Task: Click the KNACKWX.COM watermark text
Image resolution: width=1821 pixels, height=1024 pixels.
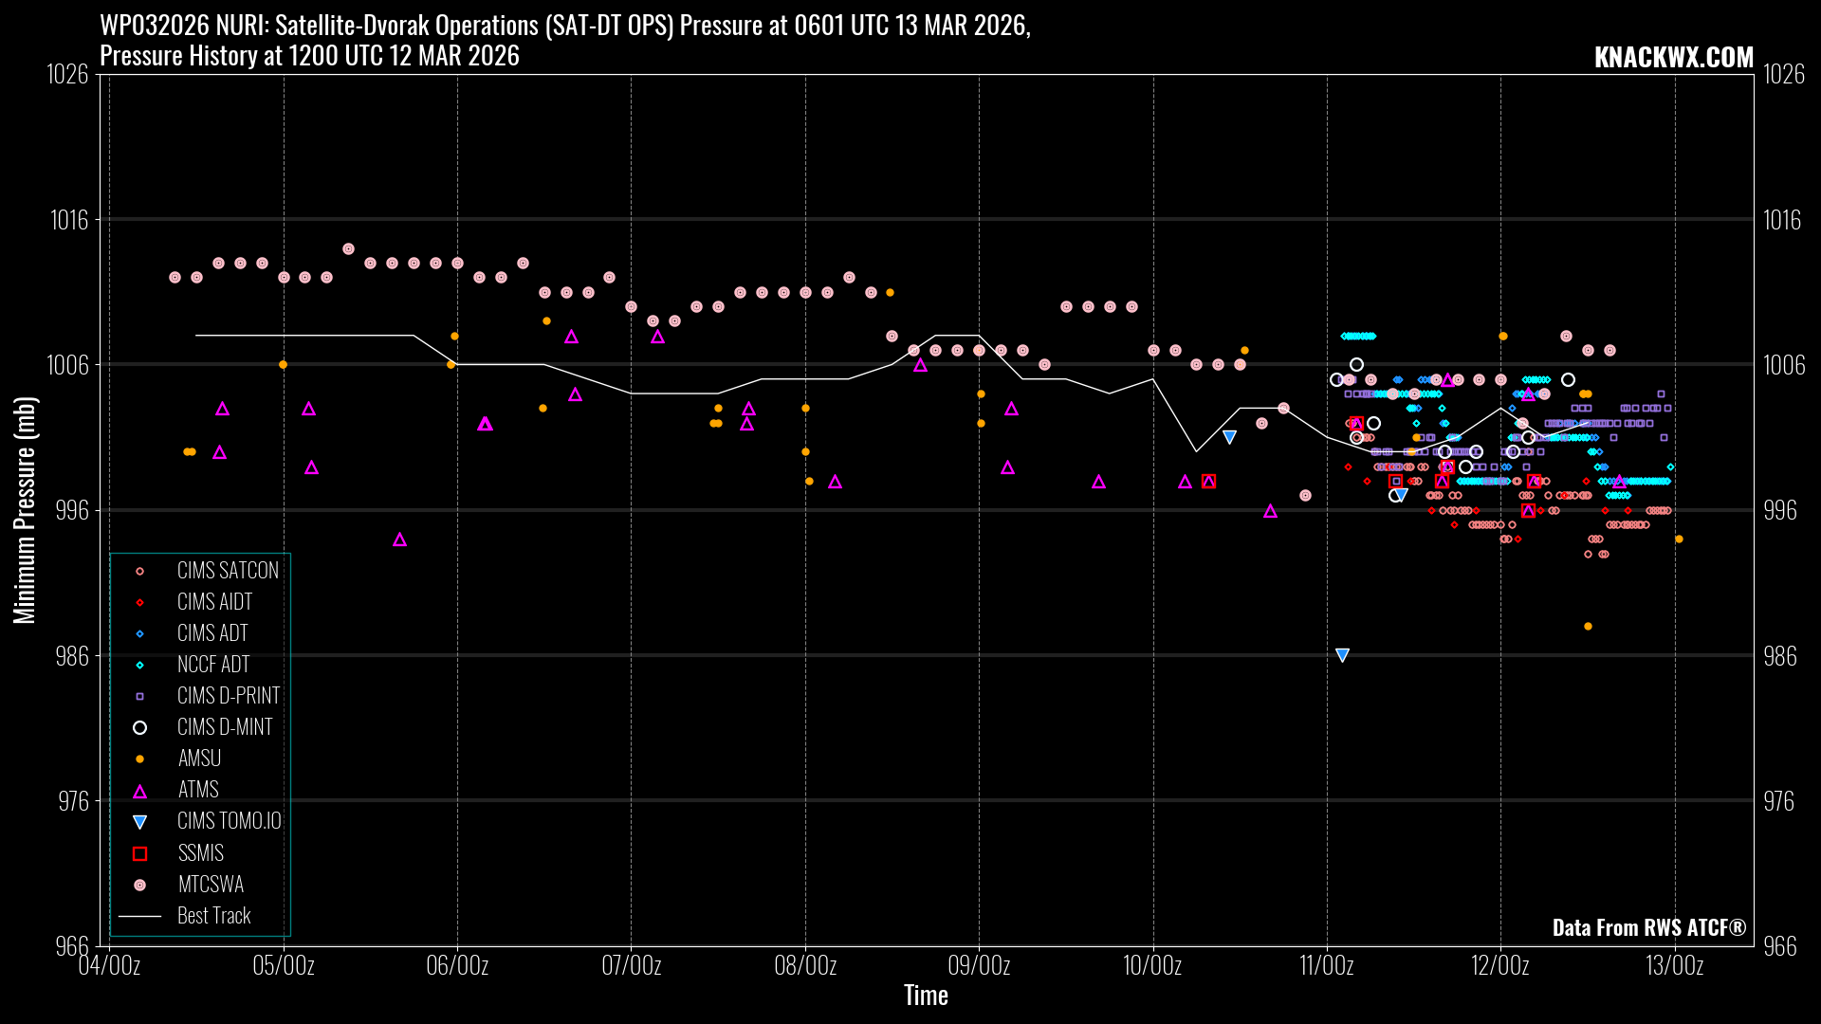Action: (x=1673, y=57)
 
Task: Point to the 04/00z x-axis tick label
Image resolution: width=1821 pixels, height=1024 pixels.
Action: (x=109, y=966)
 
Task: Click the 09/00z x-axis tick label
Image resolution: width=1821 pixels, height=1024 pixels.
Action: (x=979, y=966)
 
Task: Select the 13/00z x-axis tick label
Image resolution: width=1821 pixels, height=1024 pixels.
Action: (x=1674, y=966)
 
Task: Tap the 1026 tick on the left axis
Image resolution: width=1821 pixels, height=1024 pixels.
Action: (x=67, y=74)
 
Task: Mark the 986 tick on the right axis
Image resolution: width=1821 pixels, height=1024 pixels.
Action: (x=1779, y=656)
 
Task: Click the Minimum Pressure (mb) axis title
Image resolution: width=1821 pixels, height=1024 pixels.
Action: (x=25, y=510)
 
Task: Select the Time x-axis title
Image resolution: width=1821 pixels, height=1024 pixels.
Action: (x=926, y=996)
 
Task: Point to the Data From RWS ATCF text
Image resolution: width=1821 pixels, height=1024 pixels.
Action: (x=1648, y=927)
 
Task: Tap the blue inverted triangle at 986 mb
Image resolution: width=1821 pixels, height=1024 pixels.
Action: (x=1342, y=655)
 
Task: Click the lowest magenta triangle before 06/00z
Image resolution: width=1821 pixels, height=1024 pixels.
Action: (x=399, y=539)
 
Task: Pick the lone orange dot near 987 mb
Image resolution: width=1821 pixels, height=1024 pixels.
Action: (x=1588, y=627)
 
